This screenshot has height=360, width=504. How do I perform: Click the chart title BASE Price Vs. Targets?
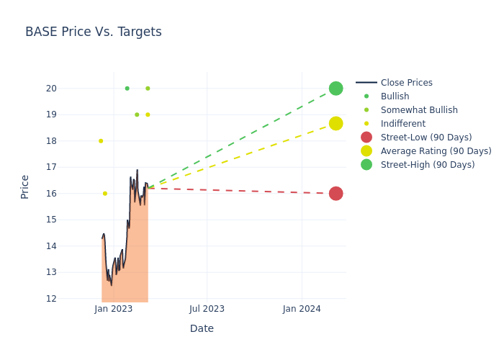coord(93,32)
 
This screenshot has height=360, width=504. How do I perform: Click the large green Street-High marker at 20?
coord(336,89)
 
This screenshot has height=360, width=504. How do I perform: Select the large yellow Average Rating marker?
coord(336,124)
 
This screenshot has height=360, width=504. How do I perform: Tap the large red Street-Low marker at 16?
coord(336,194)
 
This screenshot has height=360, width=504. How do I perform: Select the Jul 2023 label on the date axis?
coord(207,309)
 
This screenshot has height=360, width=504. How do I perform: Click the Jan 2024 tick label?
coord(302,309)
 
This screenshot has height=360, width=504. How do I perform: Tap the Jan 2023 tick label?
coord(113,309)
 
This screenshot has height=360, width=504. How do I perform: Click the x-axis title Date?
coord(202,328)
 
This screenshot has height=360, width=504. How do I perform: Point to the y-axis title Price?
coord(25,186)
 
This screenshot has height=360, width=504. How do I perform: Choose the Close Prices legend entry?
coord(406,83)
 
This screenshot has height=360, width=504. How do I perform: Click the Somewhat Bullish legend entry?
coord(419,110)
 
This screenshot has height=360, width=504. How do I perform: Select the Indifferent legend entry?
coord(402,124)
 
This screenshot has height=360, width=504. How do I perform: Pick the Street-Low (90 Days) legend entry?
coord(426,138)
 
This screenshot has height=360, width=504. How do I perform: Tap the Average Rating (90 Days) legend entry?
coord(436,151)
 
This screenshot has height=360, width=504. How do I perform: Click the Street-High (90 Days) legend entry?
coord(428,165)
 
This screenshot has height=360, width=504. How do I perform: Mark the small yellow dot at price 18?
coord(101,141)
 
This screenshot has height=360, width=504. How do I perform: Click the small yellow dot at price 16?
coord(105,194)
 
